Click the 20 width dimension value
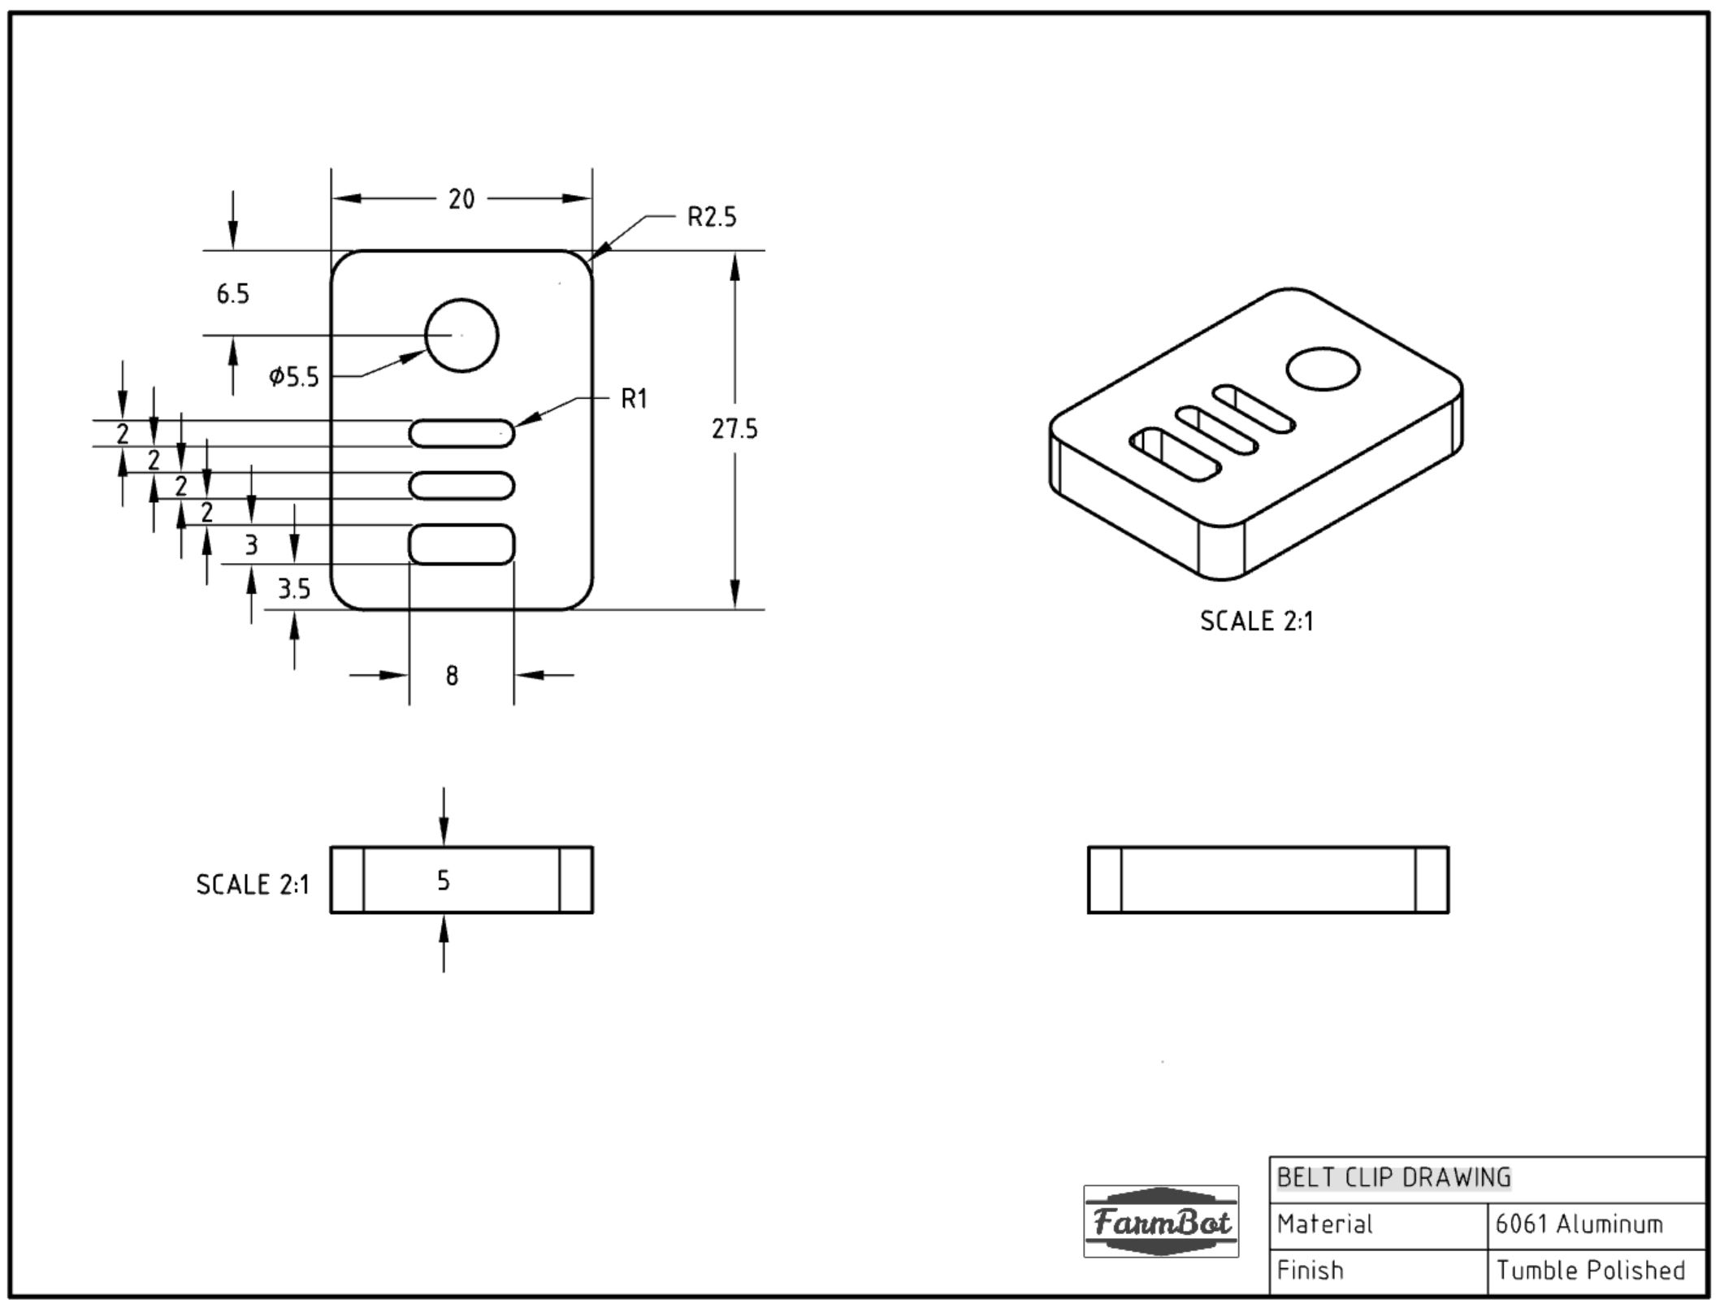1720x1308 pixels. point(461,199)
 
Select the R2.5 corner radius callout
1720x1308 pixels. point(711,218)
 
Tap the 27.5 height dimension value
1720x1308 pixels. point(734,429)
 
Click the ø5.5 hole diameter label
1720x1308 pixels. point(294,377)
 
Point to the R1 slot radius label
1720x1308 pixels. point(634,399)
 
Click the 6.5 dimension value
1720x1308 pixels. point(232,294)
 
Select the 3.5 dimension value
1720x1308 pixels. point(293,588)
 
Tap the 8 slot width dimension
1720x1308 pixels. point(452,675)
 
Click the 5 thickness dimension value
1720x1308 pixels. point(443,881)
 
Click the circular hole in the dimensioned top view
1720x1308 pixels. point(461,336)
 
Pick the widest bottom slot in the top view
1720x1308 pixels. point(461,544)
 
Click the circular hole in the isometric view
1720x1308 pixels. point(1323,370)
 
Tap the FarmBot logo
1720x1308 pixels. point(1160,1221)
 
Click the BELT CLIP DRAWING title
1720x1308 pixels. point(1393,1177)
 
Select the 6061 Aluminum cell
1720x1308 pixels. point(1579,1224)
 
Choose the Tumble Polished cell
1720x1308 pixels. point(1590,1270)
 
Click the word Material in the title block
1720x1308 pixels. point(1324,1224)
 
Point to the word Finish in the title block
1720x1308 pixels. point(1310,1270)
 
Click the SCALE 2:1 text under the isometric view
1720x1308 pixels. point(1256,622)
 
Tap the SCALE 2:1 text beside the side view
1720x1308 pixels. point(253,885)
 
